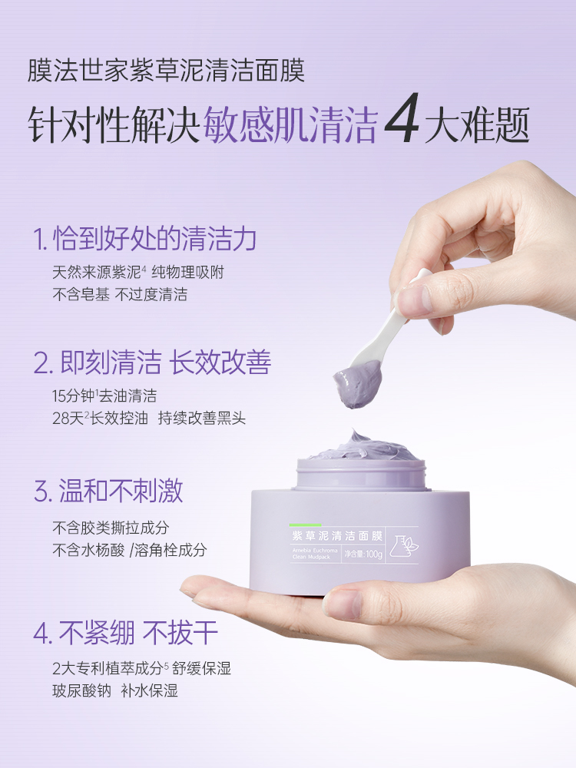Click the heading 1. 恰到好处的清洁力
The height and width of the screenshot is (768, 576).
(x=144, y=240)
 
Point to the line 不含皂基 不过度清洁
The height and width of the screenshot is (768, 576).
(x=120, y=295)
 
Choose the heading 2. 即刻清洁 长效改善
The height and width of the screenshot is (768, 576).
(x=152, y=362)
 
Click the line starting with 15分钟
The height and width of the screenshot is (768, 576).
(x=104, y=396)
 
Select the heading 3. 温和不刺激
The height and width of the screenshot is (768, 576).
(x=108, y=491)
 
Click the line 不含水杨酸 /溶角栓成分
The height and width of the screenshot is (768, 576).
(x=130, y=551)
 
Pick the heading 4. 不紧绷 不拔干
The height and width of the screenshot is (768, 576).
(x=126, y=634)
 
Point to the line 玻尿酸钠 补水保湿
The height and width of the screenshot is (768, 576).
(x=114, y=691)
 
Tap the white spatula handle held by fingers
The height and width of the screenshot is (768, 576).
(x=399, y=307)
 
